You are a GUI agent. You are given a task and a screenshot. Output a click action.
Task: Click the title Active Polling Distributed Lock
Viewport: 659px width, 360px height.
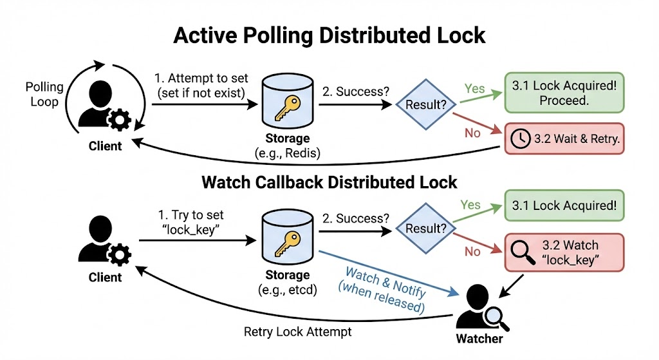click(329, 35)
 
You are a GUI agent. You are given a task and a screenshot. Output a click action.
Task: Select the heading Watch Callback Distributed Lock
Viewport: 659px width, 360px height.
click(329, 182)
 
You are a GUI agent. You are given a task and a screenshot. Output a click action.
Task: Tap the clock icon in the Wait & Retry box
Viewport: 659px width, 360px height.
click(520, 139)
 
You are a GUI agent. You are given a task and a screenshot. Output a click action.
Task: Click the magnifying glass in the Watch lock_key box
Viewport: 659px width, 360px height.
click(523, 252)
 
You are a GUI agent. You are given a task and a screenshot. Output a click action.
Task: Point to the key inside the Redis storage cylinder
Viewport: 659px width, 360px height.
click(288, 108)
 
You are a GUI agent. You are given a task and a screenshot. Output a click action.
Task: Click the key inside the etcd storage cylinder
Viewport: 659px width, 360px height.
click(288, 244)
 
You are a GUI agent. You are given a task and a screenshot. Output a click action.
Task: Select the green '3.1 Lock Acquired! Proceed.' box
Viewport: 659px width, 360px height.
click(564, 93)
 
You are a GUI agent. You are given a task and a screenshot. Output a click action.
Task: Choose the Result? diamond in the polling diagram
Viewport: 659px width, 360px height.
click(426, 104)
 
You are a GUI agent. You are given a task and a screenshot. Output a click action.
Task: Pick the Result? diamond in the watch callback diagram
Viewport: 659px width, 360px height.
click(426, 229)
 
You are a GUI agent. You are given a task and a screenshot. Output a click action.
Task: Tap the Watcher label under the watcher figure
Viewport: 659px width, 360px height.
click(479, 339)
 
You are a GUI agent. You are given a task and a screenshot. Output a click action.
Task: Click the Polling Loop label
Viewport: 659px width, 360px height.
click(44, 94)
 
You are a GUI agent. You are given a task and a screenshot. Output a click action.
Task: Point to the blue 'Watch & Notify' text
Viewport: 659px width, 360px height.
click(385, 282)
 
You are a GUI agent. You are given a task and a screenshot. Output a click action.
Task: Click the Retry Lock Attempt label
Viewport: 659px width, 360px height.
click(297, 332)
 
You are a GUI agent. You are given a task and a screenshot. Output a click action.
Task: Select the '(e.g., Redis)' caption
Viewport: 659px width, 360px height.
click(288, 153)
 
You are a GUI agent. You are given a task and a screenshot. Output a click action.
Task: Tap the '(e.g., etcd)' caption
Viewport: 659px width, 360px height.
click(288, 290)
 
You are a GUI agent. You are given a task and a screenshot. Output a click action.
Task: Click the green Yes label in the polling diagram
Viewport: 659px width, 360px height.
click(474, 89)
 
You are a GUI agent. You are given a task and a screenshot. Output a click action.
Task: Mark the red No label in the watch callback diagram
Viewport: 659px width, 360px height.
click(472, 252)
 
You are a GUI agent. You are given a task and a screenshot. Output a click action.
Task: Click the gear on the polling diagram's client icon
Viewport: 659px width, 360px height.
click(119, 120)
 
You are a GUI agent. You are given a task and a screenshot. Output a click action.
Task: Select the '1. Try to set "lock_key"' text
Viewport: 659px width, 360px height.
click(190, 222)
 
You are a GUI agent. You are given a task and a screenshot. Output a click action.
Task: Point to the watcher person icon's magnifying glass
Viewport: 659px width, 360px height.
click(497, 318)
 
